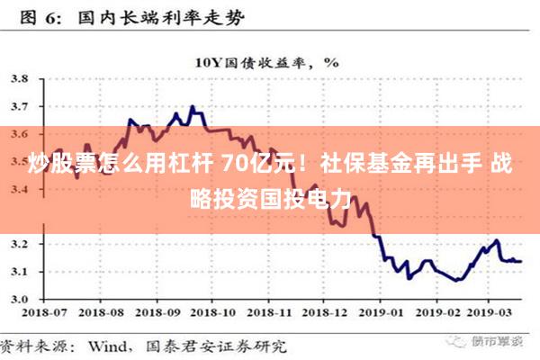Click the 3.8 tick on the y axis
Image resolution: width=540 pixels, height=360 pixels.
click(18, 79)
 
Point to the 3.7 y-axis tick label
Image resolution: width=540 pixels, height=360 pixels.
click(18, 107)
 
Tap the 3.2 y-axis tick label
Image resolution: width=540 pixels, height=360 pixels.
click(18, 244)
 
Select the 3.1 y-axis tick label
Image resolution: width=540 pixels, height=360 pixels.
click(18, 271)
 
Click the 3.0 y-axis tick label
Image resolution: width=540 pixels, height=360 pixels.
click(18, 299)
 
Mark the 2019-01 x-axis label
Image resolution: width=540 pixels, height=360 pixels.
click(384, 313)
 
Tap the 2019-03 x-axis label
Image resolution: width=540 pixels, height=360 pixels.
click(494, 313)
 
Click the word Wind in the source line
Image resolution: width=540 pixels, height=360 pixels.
click(106, 345)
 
